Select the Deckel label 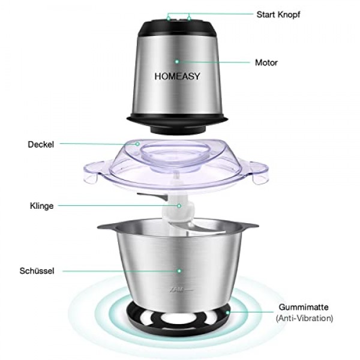coord(41,144)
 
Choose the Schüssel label coord(37,271)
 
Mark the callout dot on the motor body coord(177,61)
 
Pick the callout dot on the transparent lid coord(137,144)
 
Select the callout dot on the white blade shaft coord(179,206)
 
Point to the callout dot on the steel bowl coord(178,271)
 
